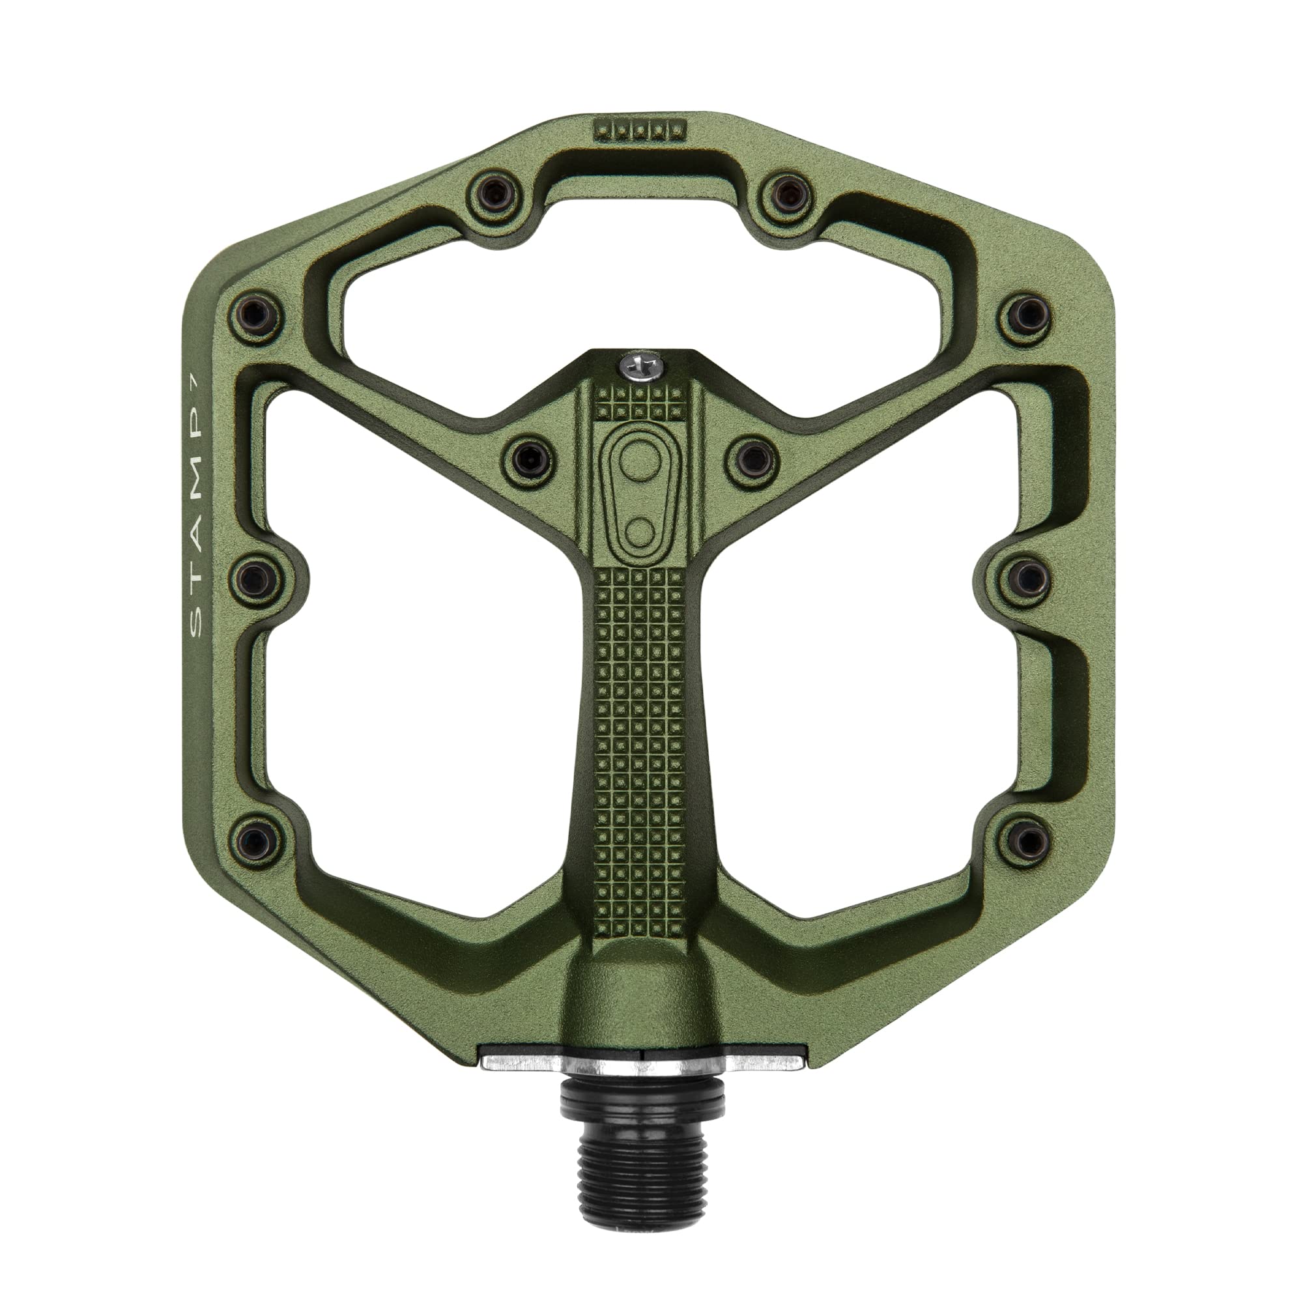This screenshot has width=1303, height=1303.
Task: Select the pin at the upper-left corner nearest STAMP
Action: (x=255, y=314)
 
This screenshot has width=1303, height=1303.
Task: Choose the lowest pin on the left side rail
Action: (x=255, y=840)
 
